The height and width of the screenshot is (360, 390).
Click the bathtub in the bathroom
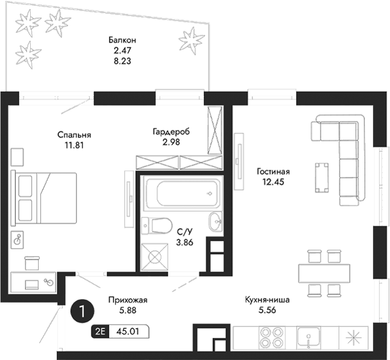[x=179, y=194]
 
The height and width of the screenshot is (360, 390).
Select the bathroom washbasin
[x=216, y=221]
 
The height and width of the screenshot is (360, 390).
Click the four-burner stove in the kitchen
[x=272, y=338]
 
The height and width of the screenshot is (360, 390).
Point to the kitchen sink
[x=310, y=338]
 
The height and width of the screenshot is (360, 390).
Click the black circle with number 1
[x=83, y=311]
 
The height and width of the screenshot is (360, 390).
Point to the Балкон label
[x=122, y=40]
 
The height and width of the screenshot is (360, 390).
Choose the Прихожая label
[x=124, y=300]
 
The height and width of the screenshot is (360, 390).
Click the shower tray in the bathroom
[x=155, y=256]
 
